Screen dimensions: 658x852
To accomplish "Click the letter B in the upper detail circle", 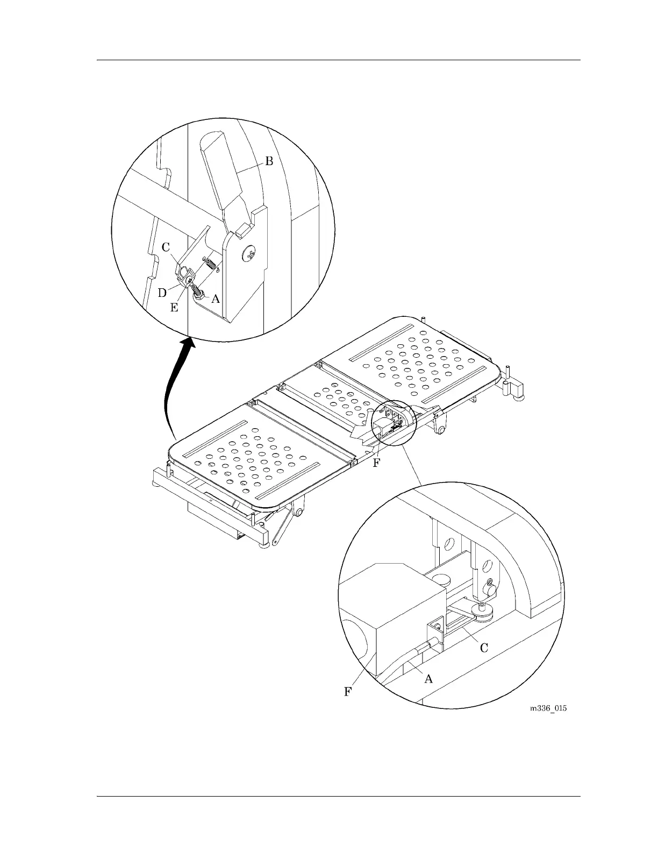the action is click(x=269, y=161).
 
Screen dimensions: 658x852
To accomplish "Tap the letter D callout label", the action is click(x=162, y=293).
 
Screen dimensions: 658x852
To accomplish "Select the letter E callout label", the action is click(x=174, y=308).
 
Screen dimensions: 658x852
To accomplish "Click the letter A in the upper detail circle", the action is click(x=215, y=299).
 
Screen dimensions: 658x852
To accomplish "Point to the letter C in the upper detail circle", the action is click(x=166, y=247).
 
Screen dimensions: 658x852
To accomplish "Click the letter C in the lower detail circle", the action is click(x=484, y=648).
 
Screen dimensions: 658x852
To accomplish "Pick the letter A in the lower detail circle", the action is click(x=428, y=679).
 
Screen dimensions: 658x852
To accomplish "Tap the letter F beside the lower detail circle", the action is click(x=348, y=692).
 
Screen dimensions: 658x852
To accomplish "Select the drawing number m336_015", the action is click(x=548, y=708).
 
